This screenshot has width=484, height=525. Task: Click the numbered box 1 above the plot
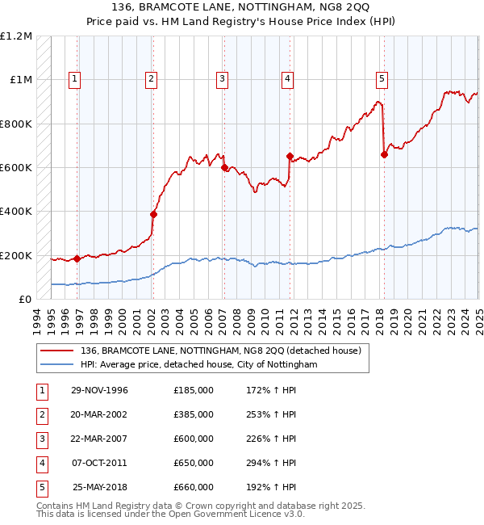click(x=74, y=78)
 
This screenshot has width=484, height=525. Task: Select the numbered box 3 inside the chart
click(x=221, y=78)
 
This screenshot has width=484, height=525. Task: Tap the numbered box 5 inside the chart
click(x=382, y=78)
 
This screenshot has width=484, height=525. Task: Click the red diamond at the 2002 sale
click(x=153, y=215)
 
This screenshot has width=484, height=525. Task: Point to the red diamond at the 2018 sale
click(x=384, y=155)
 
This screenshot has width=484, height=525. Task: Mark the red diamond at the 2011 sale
click(x=289, y=156)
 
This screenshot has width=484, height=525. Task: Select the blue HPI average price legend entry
click(x=198, y=364)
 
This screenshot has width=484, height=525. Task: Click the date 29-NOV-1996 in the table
click(x=100, y=390)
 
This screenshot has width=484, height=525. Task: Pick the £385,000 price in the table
click(x=194, y=414)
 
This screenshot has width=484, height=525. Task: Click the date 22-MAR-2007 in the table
click(x=100, y=439)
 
